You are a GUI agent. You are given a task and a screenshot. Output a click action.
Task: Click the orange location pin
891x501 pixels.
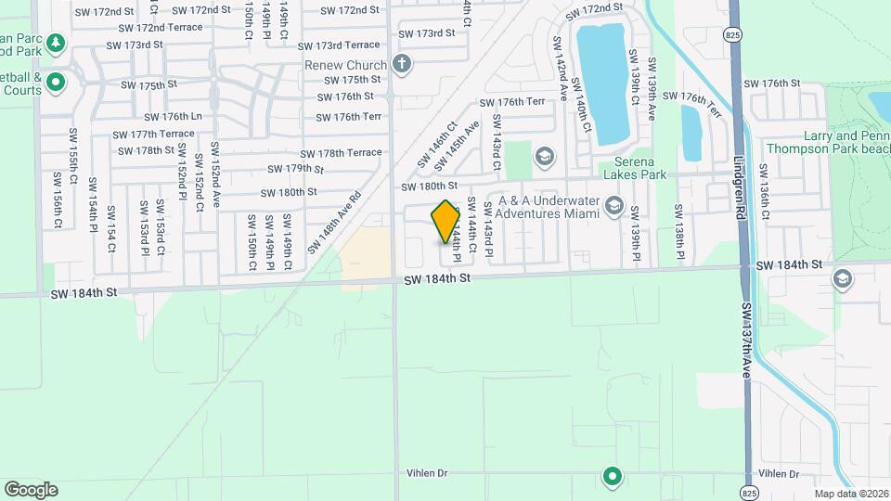[445, 221]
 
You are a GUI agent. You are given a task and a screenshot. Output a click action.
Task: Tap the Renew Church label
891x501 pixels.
[344, 65]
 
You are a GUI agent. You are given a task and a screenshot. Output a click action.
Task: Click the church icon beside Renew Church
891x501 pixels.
[401, 64]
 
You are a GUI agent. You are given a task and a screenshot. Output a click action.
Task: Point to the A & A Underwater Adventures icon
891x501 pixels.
[613, 205]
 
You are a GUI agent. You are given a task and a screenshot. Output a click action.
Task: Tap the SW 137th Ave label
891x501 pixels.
[747, 338]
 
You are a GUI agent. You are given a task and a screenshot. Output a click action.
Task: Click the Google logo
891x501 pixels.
[31, 489]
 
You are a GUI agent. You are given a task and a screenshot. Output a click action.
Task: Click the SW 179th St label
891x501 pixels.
[295, 169]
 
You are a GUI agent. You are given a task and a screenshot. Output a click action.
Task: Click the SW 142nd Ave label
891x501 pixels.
[561, 70]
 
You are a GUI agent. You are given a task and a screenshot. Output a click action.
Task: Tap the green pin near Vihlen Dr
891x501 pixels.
[612, 477]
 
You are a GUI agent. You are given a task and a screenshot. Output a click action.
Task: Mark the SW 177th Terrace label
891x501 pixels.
[153, 134]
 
